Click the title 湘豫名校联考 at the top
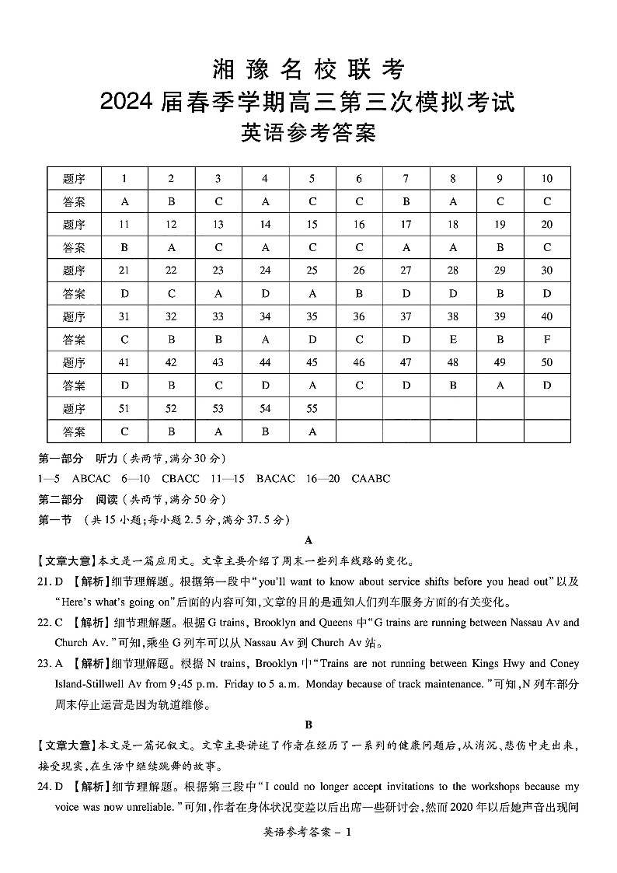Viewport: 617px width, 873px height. [308, 70]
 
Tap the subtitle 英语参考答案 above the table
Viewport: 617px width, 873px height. [308, 133]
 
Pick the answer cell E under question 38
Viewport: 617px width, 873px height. [453, 340]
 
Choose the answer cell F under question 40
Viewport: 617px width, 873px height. [547, 340]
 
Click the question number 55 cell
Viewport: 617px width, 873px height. [312, 409]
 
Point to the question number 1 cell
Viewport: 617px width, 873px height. [124, 179]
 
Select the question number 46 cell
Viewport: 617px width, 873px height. [359, 362]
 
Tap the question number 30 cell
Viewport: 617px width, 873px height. [547, 271]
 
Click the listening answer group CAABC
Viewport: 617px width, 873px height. [371, 479]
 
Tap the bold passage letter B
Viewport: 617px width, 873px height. [308, 725]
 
